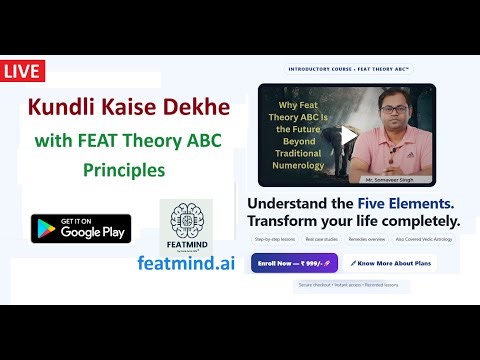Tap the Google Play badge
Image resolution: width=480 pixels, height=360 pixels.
[80, 229]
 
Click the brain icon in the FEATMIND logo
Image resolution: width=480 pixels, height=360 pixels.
[185, 219]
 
